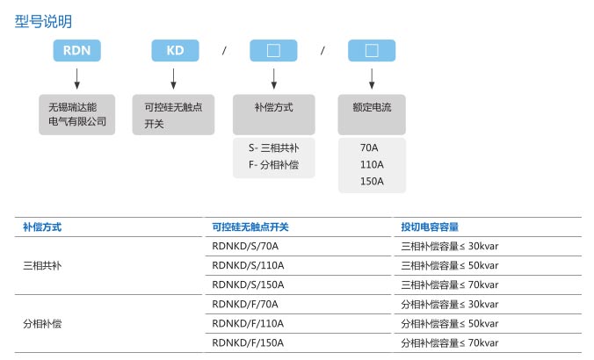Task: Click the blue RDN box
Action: (77, 50)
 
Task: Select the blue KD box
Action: (175, 50)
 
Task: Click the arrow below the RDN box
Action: (77, 79)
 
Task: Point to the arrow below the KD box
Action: (173, 79)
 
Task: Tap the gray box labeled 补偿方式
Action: (274, 115)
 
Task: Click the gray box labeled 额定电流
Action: (372, 115)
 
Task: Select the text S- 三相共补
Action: (274, 148)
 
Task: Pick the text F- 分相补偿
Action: (274, 165)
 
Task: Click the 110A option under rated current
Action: (372, 165)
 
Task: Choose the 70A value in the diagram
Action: (369, 148)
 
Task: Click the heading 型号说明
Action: (43, 22)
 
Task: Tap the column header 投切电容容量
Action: (430, 227)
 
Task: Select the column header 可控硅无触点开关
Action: (250, 227)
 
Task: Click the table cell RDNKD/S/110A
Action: (248, 266)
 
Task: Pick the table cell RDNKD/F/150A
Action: (248, 343)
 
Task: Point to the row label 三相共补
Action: (42, 266)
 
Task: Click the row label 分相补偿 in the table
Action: (42, 324)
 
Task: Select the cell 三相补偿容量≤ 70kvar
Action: (450, 285)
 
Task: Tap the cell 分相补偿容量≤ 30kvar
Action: (450, 305)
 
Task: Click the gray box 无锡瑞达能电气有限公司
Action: (77, 115)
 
